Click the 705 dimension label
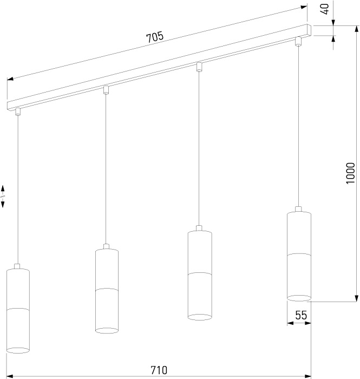[155, 37]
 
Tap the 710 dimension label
[159, 370]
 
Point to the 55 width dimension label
[301, 315]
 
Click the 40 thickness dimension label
[326, 9]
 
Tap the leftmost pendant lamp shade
[18, 311]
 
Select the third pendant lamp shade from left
[200, 275]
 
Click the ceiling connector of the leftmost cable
[18, 112]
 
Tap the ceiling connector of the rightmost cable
[298, 41]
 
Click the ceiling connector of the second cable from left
[106, 90]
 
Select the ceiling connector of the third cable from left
[199, 67]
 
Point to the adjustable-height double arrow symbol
[3, 196]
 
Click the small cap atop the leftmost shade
[17, 266]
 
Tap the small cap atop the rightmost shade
[299, 209]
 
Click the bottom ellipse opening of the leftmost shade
[18, 350]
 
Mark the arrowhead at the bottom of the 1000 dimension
[356, 298]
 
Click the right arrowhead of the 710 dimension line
[307, 376]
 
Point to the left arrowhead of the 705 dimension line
[10, 79]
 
